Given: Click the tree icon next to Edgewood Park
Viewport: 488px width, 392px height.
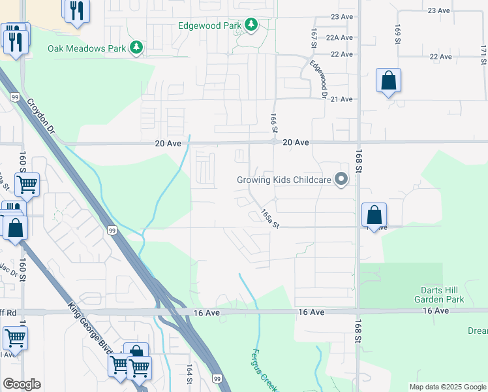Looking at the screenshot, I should click(x=251, y=25).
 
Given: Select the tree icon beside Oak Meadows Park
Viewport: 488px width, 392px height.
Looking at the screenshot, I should click(x=136, y=48).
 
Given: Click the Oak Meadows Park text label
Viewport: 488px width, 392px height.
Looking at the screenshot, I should click(x=86, y=48).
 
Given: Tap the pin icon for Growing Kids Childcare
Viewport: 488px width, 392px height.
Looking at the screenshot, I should click(x=341, y=179).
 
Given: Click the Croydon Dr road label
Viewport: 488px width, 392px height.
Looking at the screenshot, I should click(x=40, y=117).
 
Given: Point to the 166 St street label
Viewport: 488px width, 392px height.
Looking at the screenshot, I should click(x=274, y=121).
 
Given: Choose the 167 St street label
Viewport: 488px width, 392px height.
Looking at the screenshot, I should click(x=314, y=38).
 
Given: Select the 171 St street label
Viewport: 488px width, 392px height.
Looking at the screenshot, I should click(x=483, y=56).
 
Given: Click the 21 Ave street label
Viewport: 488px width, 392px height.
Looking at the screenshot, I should click(x=342, y=99).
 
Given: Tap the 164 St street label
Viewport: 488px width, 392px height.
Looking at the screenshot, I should click(x=190, y=374).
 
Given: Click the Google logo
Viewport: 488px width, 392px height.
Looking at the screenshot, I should click(x=22, y=384).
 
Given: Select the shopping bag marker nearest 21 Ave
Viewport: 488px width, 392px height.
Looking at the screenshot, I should click(x=388, y=82).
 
